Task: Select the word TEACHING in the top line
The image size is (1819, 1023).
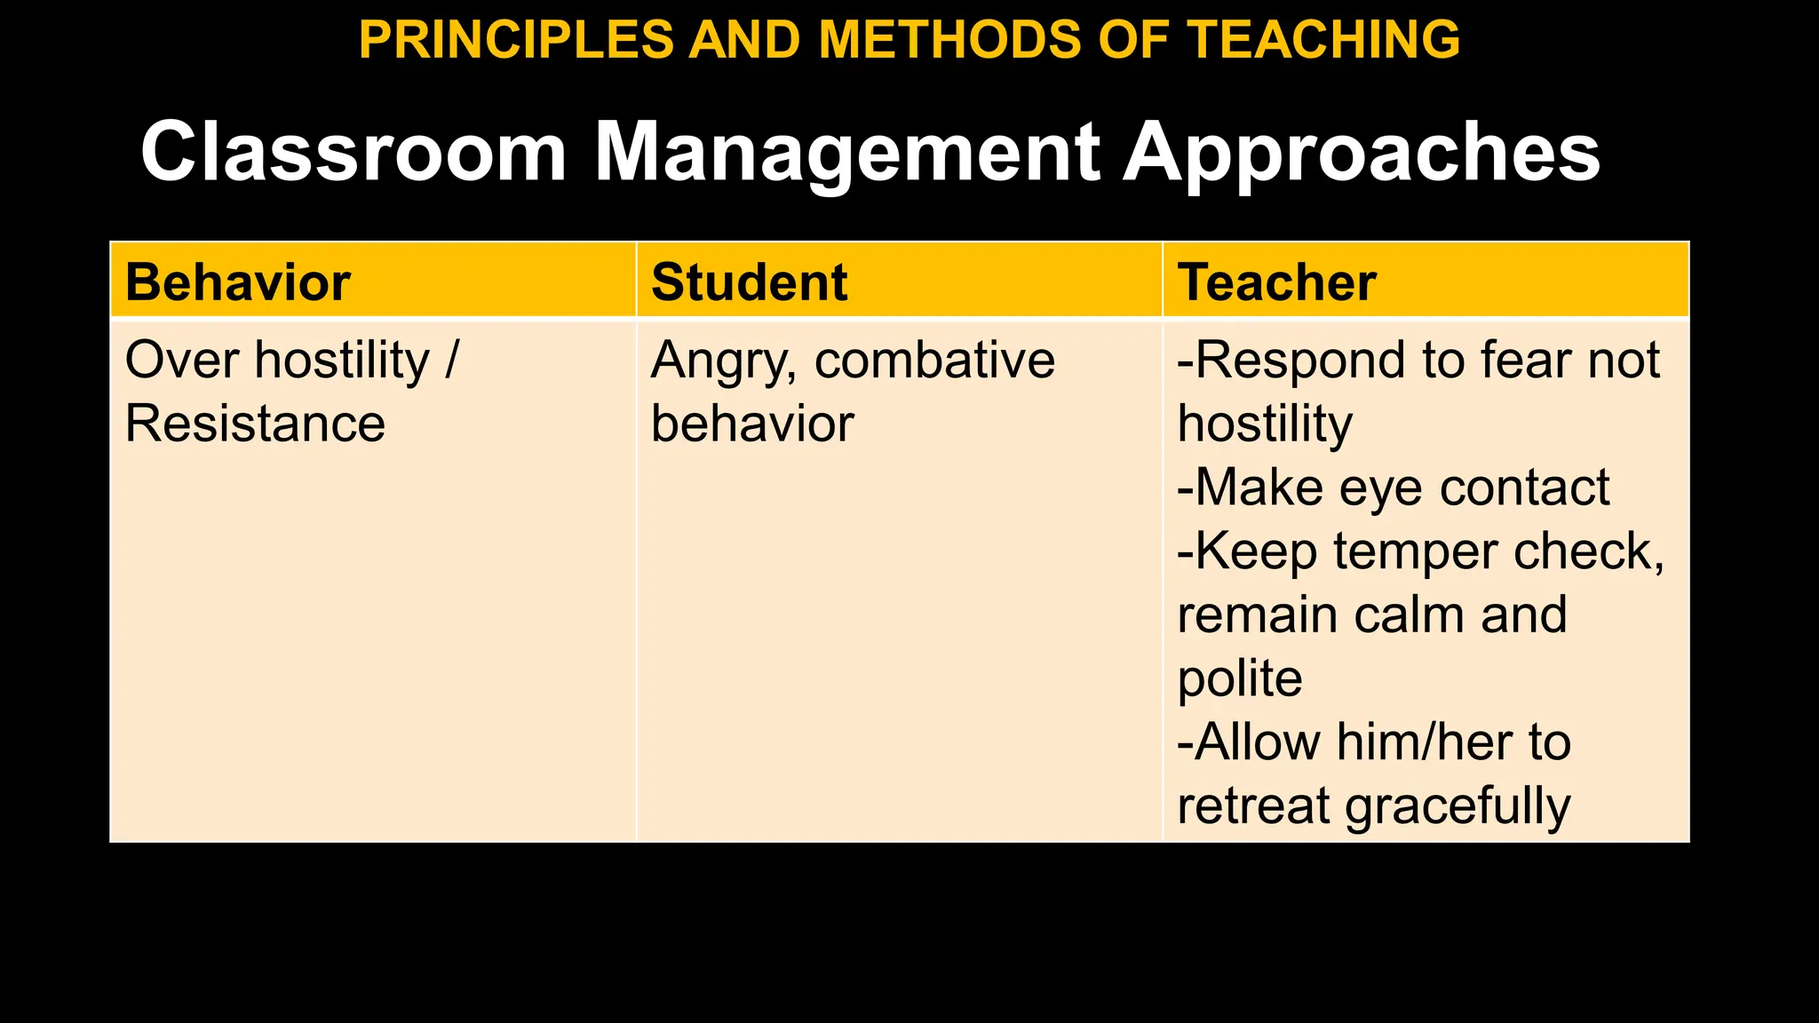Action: coord(1323,40)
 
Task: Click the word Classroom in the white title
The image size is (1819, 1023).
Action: coord(353,153)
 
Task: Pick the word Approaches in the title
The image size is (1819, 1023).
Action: coord(1361,153)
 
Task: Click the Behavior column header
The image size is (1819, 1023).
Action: coord(238,282)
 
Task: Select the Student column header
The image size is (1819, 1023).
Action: coord(749,282)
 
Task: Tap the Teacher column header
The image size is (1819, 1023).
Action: coord(1276,282)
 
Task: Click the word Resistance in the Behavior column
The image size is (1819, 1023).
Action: coord(255,424)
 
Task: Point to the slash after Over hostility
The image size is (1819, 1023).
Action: coord(451,361)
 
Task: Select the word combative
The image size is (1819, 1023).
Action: coord(934,361)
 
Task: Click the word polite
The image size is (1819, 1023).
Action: coord(1240,680)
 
